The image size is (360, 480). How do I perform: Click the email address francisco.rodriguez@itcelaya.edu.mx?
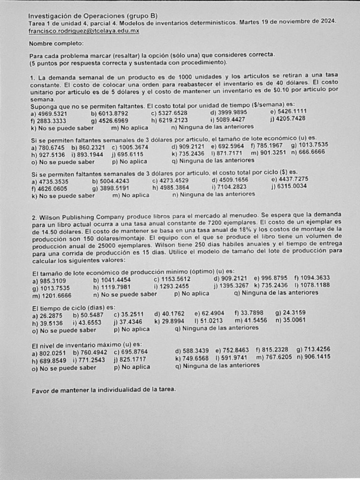(x=84, y=30)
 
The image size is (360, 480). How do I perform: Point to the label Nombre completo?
(x=56, y=44)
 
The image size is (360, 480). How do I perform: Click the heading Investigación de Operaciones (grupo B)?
(x=87, y=15)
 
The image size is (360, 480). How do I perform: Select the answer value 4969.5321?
(x=52, y=113)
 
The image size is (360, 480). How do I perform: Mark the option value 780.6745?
(x=53, y=147)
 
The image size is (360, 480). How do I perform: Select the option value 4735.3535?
(x=53, y=181)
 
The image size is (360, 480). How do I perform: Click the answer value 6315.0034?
(x=291, y=186)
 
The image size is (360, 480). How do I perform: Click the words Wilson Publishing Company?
(x=78, y=217)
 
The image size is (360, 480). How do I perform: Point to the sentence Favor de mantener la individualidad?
(x=103, y=390)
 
